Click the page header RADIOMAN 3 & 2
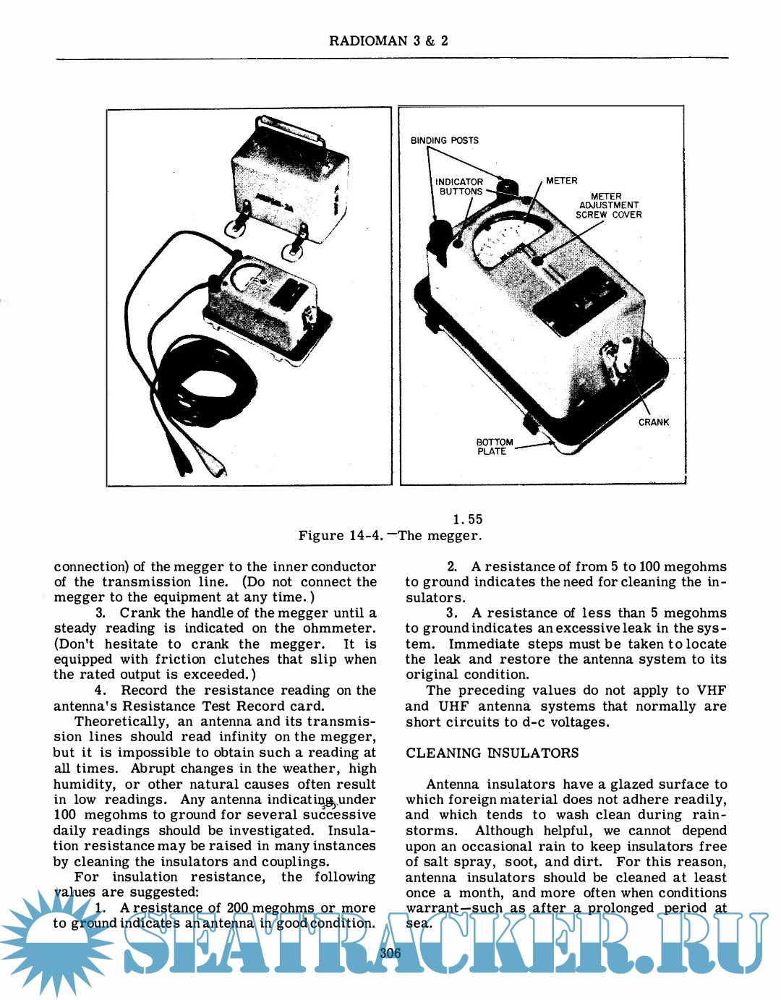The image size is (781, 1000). point(388,41)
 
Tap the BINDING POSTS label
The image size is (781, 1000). point(444,140)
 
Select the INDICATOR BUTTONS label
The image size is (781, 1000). point(460,187)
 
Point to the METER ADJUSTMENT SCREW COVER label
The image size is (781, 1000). point(608,205)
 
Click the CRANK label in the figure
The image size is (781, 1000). point(653,422)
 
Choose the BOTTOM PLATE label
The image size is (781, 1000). point(494,447)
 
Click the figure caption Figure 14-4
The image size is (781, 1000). point(390,536)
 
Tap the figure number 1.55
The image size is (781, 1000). point(467,519)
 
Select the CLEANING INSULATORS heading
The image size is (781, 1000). point(492,753)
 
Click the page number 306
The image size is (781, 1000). point(390,953)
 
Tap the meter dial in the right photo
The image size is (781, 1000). point(506,239)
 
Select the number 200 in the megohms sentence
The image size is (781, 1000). point(237,907)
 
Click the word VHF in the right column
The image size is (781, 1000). point(711,691)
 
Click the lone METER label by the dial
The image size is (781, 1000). point(561,181)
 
